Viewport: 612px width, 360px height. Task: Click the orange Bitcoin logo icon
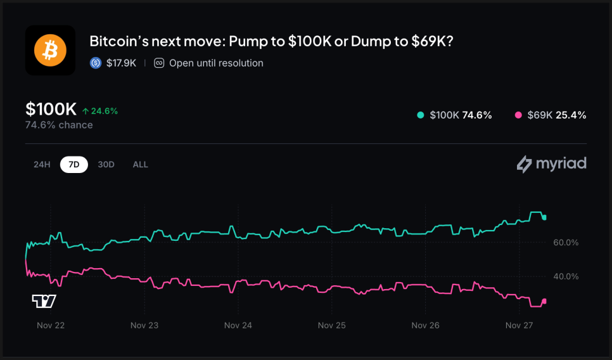(50, 50)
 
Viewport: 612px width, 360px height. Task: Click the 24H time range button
(42, 164)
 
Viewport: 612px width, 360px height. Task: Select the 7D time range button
(74, 164)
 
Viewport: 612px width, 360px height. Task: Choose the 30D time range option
(106, 164)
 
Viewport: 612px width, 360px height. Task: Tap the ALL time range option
(140, 164)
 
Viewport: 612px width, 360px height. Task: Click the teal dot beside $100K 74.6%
(420, 115)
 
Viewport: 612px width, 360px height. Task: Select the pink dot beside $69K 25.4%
(518, 115)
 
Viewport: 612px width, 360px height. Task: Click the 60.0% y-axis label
(566, 243)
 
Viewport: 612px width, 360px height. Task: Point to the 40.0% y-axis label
(566, 276)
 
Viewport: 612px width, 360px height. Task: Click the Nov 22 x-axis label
(51, 325)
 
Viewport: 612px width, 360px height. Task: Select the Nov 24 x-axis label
(238, 325)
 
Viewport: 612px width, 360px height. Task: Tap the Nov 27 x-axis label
(519, 325)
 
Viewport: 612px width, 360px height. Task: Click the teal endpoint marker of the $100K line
(544, 217)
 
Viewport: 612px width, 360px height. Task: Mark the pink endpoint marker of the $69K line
(544, 301)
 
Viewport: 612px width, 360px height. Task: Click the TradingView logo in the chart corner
(44, 301)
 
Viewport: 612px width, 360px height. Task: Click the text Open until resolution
(216, 63)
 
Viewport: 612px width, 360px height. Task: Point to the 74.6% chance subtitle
(59, 125)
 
